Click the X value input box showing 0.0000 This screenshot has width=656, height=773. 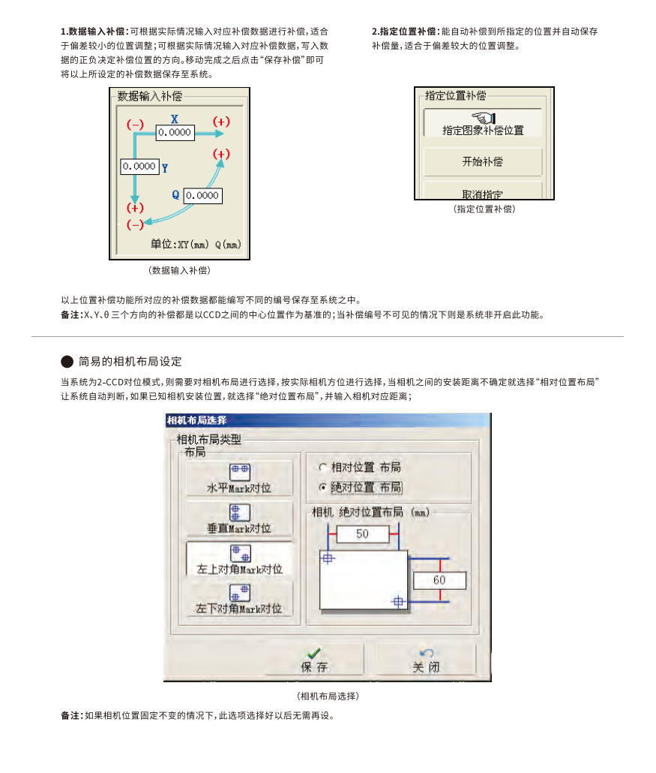pos(175,133)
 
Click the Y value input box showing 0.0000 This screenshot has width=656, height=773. pos(140,167)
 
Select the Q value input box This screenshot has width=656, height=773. pos(203,196)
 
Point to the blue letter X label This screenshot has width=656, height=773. pos(175,119)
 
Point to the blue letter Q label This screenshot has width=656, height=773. pos(175,194)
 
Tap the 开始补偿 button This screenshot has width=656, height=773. pos(483,161)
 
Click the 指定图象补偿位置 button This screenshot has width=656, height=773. pos(483,123)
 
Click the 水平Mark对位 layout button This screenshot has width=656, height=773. pos(239,478)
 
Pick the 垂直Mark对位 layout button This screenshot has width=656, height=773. pos(239,519)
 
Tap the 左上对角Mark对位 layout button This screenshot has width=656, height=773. pos(239,559)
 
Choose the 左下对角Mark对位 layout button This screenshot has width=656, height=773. pos(239,599)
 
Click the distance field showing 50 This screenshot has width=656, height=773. pos(362,534)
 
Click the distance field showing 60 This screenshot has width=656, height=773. pos(439,580)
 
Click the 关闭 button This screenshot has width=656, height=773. pos(426,659)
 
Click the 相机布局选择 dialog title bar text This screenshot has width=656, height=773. pos(196,420)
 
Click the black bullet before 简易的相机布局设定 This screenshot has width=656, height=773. pos(67,362)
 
